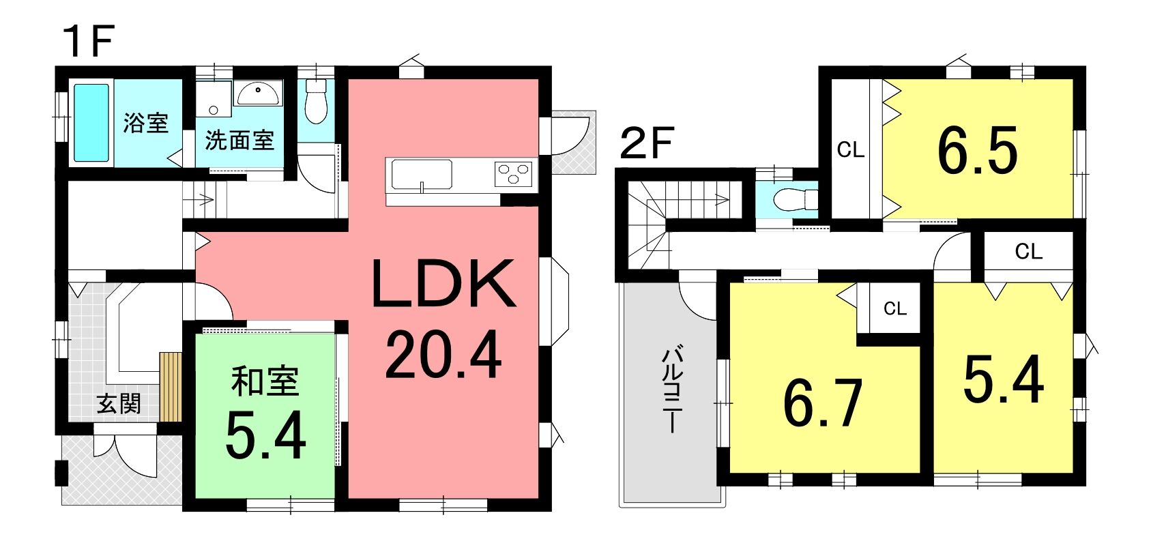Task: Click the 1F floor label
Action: [x=88, y=42]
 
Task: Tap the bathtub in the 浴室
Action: [x=91, y=123]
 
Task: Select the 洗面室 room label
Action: [x=239, y=140]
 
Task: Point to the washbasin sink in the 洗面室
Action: [x=258, y=95]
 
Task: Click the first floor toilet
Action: [x=316, y=102]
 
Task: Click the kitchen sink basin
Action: [x=422, y=174]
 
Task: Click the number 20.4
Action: [x=443, y=355]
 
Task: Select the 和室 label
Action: [x=265, y=382]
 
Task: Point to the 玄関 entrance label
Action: [x=119, y=405]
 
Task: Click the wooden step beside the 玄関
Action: [x=171, y=387]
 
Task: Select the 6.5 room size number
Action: [x=977, y=151]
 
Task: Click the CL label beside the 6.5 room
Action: [x=850, y=150]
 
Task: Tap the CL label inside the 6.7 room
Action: [x=895, y=308]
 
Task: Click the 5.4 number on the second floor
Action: [x=1004, y=380]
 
